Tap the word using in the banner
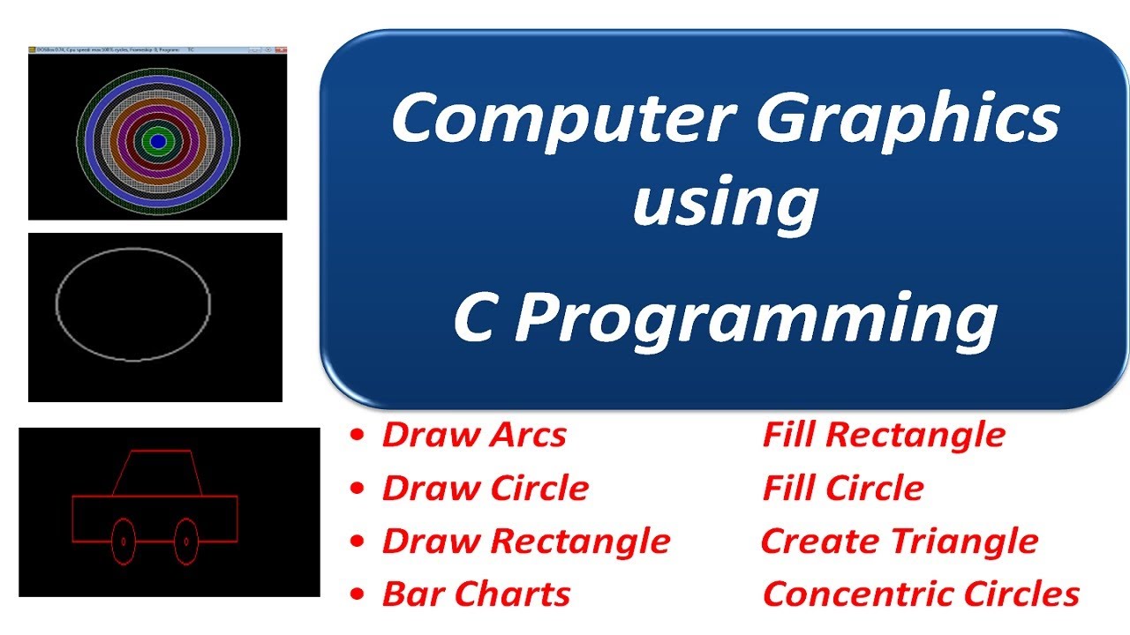click(725, 203)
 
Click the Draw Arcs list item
click(473, 435)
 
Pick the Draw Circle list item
click(485, 488)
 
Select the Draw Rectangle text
click(525, 541)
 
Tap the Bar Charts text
click(476, 594)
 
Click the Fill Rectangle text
click(884, 435)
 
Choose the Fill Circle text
click(843, 488)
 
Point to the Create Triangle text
click(899, 541)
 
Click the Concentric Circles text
click(921, 594)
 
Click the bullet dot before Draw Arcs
click(357, 436)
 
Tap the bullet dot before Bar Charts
click(357, 594)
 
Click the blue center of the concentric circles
click(158, 140)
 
